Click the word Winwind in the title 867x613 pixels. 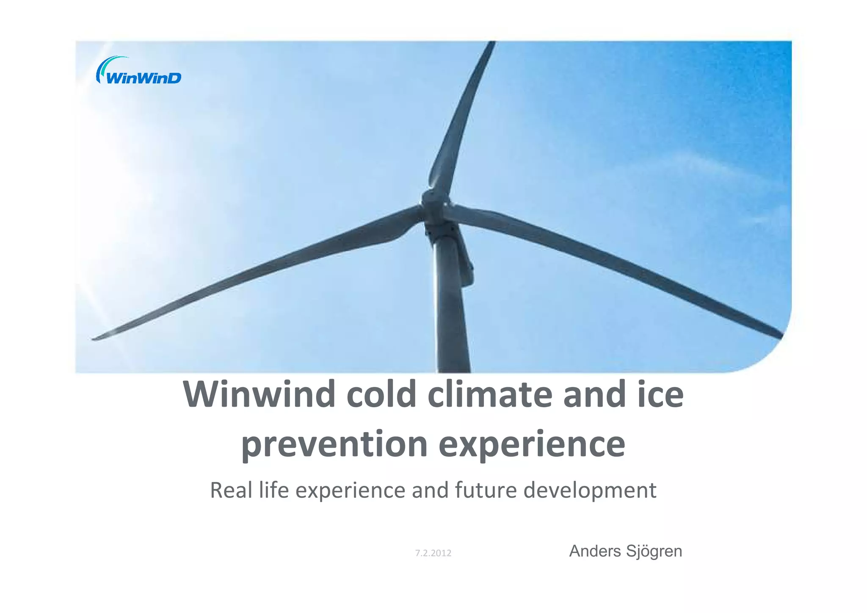pyautogui.click(x=259, y=394)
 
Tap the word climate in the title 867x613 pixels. pyautogui.click(x=490, y=394)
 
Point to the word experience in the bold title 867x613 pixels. pyautogui.click(x=532, y=444)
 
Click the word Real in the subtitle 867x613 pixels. pyautogui.click(x=231, y=490)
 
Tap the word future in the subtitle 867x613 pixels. pyautogui.click(x=486, y=490)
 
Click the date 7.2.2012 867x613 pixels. pyautogui.click(x=433, y=553)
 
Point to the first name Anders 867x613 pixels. pyautogui.click(x=595, y=551)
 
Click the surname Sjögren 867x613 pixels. pyautogui.click(x=654, y=552)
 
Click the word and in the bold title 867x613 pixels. pyautogui.click(x=595, y=394)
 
